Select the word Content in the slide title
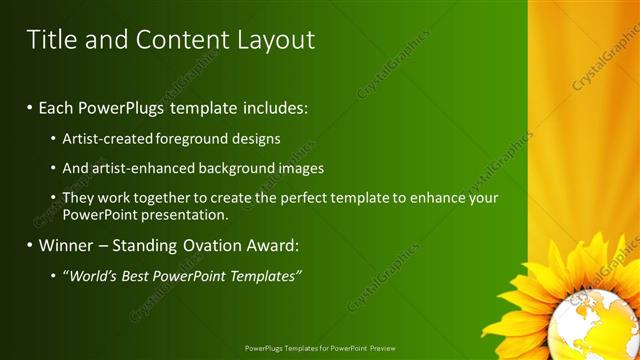coord(183,40)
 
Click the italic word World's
coord(93,276)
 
